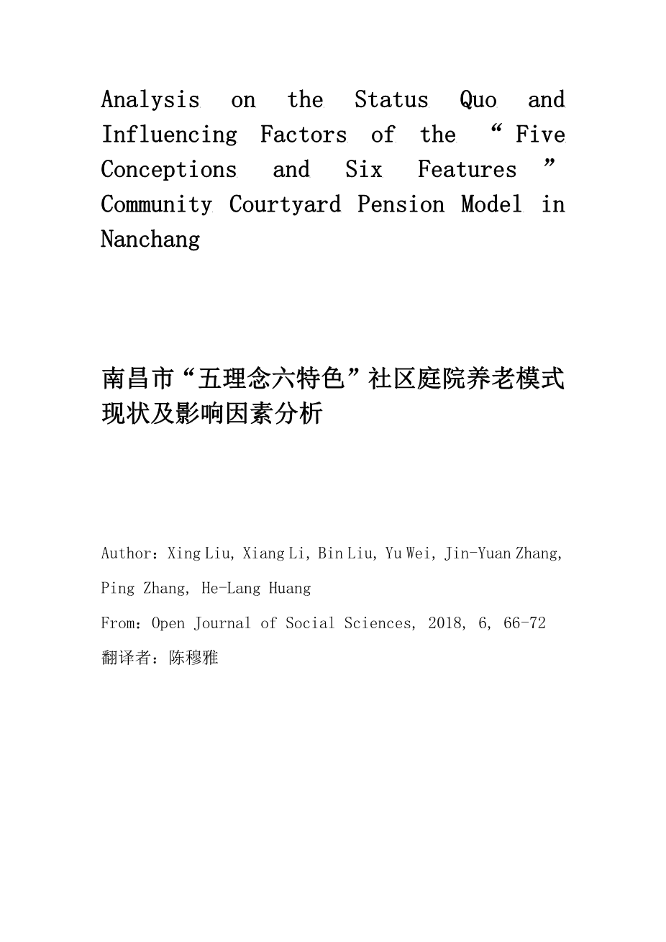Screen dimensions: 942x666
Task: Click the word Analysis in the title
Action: click(150, 100)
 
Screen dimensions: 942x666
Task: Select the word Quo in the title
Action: click(478, 100)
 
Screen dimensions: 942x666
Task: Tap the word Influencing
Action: click(169, 135)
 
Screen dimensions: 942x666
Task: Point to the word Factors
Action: click(303, 135)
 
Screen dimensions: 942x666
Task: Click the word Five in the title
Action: click(540, 135)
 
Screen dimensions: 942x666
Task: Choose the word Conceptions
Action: click(168, 170)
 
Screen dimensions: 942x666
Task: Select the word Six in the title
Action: click(363, 170)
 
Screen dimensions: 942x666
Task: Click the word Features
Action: click(467, 170)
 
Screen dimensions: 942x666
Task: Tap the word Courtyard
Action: click(285, 205)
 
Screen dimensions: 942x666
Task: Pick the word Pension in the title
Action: click(401, 205)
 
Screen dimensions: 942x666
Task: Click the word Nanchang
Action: click(150, 240)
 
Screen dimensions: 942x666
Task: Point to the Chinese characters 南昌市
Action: click(137, 379)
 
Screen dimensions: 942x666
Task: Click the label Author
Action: click(127, 553)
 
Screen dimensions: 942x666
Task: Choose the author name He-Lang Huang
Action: click(256, 589)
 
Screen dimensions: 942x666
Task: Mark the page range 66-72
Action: click(524, 623)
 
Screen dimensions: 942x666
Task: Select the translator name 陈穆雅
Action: click(193, 658)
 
